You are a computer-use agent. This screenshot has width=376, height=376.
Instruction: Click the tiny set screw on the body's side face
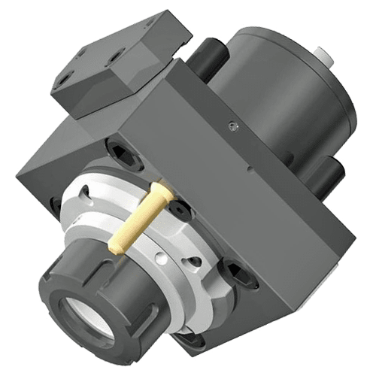232,125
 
